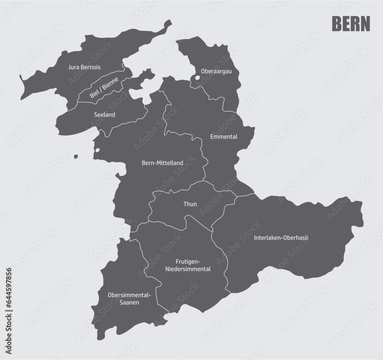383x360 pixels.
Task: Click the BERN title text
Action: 350,24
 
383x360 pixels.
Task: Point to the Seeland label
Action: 105,114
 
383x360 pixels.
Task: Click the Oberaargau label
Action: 214,71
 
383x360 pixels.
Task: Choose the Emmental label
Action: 224,136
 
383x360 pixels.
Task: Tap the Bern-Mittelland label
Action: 162,163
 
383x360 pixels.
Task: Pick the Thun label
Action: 190,204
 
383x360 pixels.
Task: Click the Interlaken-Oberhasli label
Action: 281,237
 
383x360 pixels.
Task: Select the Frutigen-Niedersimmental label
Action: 188,265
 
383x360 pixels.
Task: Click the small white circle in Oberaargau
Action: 197,78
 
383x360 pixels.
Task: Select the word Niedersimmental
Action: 188,269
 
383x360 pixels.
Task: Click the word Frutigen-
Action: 188,261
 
